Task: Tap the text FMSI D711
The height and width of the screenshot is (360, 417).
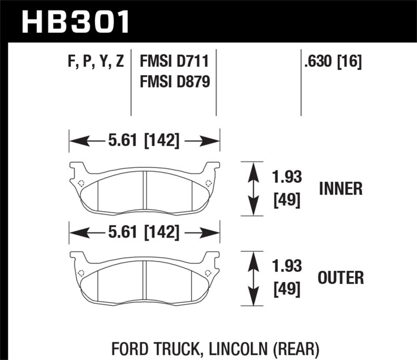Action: (x=174, y=63)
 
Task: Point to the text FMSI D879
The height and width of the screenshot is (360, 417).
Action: (x=174, y=82)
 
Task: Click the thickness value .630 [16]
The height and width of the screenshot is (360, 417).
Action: (x=331, y=63)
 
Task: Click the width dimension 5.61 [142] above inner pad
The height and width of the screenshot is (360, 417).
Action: (x=144, y=141)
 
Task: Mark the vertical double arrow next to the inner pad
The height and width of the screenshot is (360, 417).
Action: (x=253, y=189)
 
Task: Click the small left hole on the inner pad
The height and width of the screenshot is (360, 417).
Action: (x=81, y=182)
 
